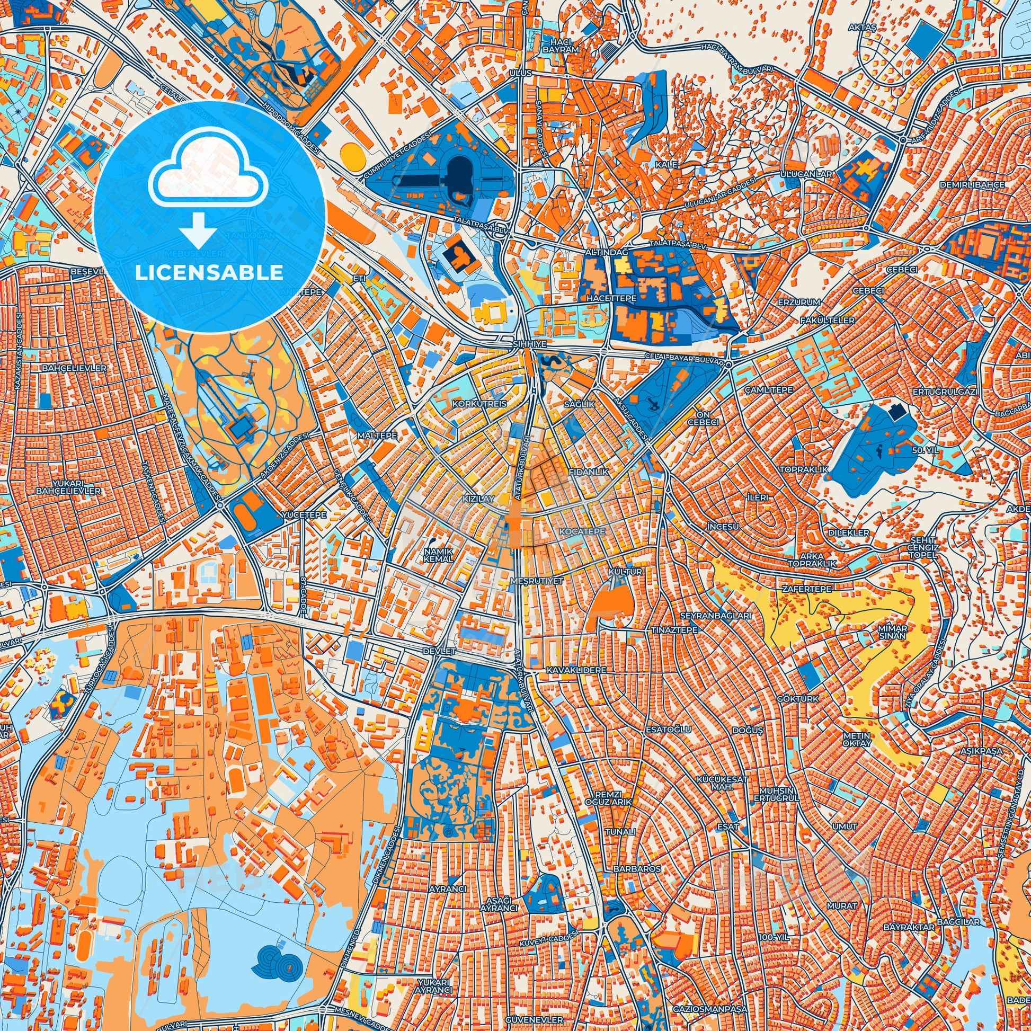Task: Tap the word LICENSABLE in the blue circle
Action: tap(209, 273)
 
